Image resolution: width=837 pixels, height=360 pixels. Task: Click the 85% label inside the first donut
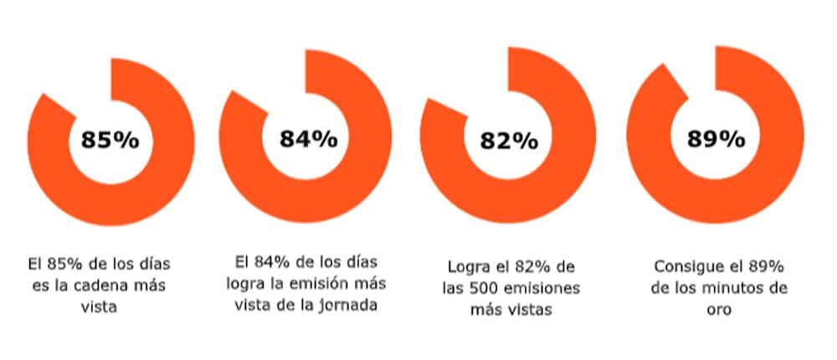110,140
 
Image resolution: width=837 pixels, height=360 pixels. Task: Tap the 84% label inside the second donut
308,139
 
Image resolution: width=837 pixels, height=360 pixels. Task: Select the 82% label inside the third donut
508,141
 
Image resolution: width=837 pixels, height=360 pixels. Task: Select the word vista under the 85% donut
99,307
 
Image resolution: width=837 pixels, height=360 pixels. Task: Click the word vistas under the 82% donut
528,311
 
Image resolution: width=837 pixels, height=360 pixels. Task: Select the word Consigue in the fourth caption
682,267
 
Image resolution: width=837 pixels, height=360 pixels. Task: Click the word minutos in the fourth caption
732,289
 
